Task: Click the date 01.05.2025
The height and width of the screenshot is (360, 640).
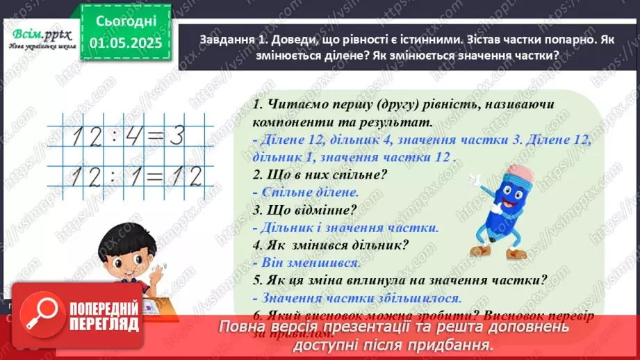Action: click(126, 42)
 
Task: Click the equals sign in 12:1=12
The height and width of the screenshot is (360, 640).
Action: click(147, 177)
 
